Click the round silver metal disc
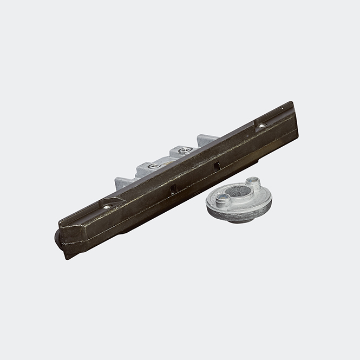[238, 206]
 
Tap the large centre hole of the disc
[238, 192]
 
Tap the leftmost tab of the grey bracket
[122, 181]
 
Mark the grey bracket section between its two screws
[169, 159]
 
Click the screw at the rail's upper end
[261, 126]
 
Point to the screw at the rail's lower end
[107, 206]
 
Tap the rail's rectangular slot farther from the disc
[173, 188]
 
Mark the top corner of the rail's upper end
[292, 102]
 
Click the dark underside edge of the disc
[238, 218]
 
